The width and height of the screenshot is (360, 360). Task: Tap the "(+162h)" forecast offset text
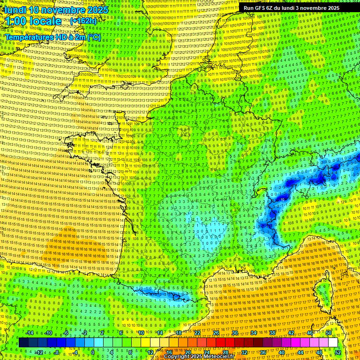pyautogui.click(x=83, y=21)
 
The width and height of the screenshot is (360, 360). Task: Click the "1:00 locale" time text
pyautogui.click(x=33, y=22)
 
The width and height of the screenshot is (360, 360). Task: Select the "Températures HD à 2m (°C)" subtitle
pyautogui.click(x=53, y=37)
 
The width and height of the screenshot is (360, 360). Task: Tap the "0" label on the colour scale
pyautogui.click(x=93, y=352)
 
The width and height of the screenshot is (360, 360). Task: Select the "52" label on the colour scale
pyautogui.click(x=338, y=352)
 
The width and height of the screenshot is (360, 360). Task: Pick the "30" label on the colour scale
pyautogui.click(x=235, y=333)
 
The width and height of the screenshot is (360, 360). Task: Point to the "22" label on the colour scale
pyautogui.click(x=197, y=333)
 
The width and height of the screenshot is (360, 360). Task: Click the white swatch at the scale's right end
pyautogui.click(x=333, y=343)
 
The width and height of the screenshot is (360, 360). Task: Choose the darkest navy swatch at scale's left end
pyautogui.click(x=23, y=343)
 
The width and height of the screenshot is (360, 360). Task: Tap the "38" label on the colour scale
pyautogui.click(x=272, y=333)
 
